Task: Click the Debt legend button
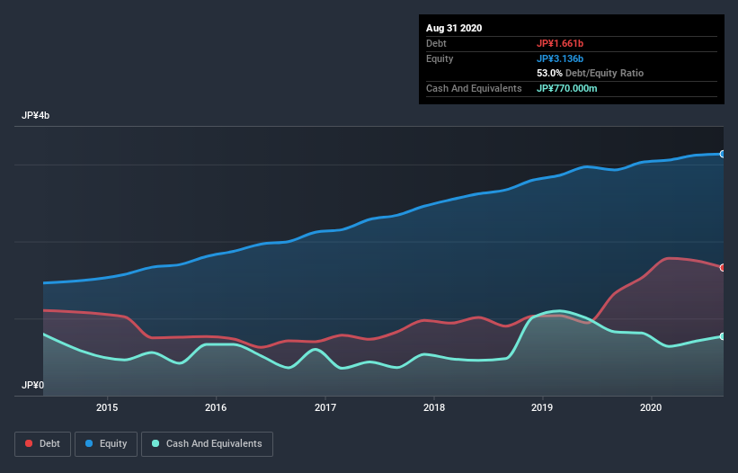coord(41,443)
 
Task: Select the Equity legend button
coord(106,443)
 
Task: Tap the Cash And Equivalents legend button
coord(207,443)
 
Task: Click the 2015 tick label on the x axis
coord(107,407)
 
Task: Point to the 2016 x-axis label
coord(216,407)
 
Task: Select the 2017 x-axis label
coord(325,407)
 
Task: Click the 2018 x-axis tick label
coord(434,407)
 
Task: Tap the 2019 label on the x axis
coord(542,407)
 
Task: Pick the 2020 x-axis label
coord(651,407)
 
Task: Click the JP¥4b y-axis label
coord(37,116)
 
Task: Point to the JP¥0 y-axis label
coord(33,385)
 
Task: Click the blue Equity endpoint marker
coord(722,154)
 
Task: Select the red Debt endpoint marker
coord(722,267)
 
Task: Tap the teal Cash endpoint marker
coord(722,336)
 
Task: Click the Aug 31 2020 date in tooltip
coord(454,28)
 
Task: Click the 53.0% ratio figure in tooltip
coord(550,73)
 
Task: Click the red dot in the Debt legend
coord(30,443)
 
